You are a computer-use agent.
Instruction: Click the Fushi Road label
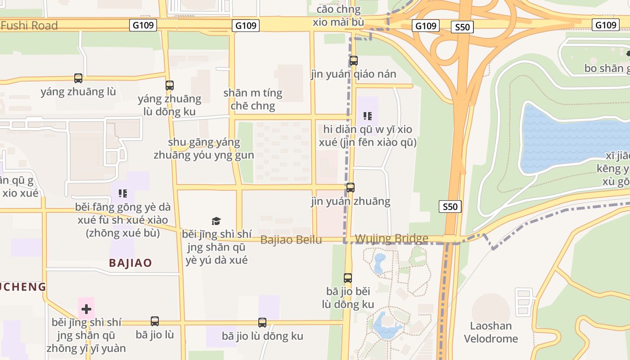29,26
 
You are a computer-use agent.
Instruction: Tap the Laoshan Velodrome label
491,332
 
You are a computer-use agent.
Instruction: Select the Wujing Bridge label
391,238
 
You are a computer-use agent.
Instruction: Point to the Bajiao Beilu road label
291,240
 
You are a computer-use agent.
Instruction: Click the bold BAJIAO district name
130,263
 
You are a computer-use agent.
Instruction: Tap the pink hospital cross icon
86,309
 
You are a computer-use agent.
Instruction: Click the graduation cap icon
216,221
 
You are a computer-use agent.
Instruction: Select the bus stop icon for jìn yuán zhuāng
350,188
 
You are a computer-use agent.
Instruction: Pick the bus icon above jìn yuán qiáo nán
354,60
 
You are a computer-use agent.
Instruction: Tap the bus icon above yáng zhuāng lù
78,78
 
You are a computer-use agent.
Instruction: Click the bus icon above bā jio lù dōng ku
262,322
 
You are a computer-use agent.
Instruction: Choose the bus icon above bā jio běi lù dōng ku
348,278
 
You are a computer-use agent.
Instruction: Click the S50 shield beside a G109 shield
462,27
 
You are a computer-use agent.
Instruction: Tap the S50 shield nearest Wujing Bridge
450,207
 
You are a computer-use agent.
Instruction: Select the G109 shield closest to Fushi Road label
143,25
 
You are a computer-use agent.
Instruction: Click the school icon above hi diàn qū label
368,116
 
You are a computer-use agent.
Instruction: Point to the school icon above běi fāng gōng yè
122,193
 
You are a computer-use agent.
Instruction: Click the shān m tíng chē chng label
253,99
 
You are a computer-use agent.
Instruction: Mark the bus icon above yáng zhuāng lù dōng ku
170,85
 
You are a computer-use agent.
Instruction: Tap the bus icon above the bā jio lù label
155,321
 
